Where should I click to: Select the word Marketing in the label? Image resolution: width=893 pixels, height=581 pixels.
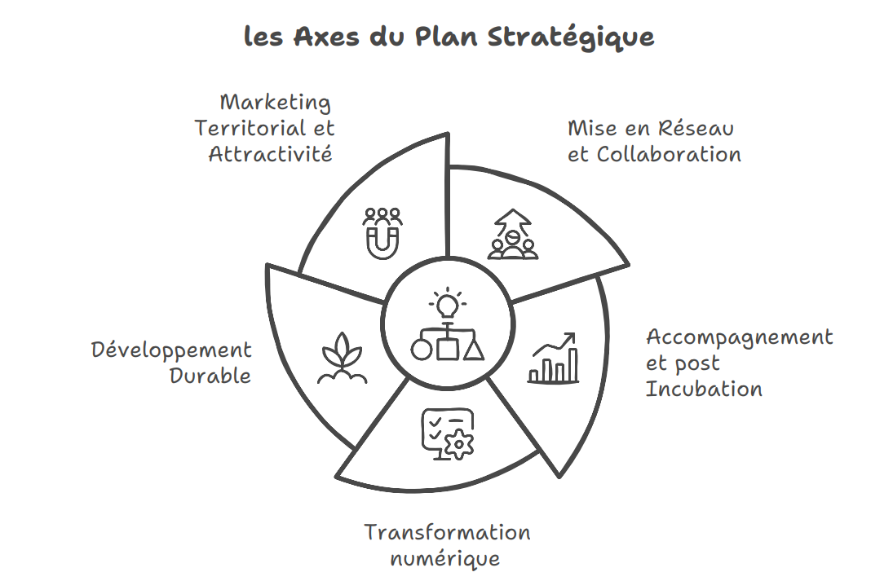point(276,103)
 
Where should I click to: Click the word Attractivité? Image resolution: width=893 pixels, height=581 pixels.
point(271,154)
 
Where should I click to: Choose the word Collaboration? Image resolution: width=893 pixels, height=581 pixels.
point(669,154)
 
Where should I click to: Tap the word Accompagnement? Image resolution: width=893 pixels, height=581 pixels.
point(739,337)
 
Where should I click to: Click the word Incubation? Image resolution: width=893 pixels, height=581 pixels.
point(704,389)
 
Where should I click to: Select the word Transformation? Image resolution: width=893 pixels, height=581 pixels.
point(447,533)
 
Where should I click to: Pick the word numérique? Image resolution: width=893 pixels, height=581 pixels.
point(444,559)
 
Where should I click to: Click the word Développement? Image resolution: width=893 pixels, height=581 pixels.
point(171,350)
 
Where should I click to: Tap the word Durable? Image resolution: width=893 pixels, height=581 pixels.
point(210,376)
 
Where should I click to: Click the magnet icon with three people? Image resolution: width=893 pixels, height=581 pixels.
point(382,232)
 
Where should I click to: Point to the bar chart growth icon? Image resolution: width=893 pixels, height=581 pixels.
point(554,358)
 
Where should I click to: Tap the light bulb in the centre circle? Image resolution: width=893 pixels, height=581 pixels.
point(447,306)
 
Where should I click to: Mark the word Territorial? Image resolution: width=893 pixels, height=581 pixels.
point(242,129)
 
